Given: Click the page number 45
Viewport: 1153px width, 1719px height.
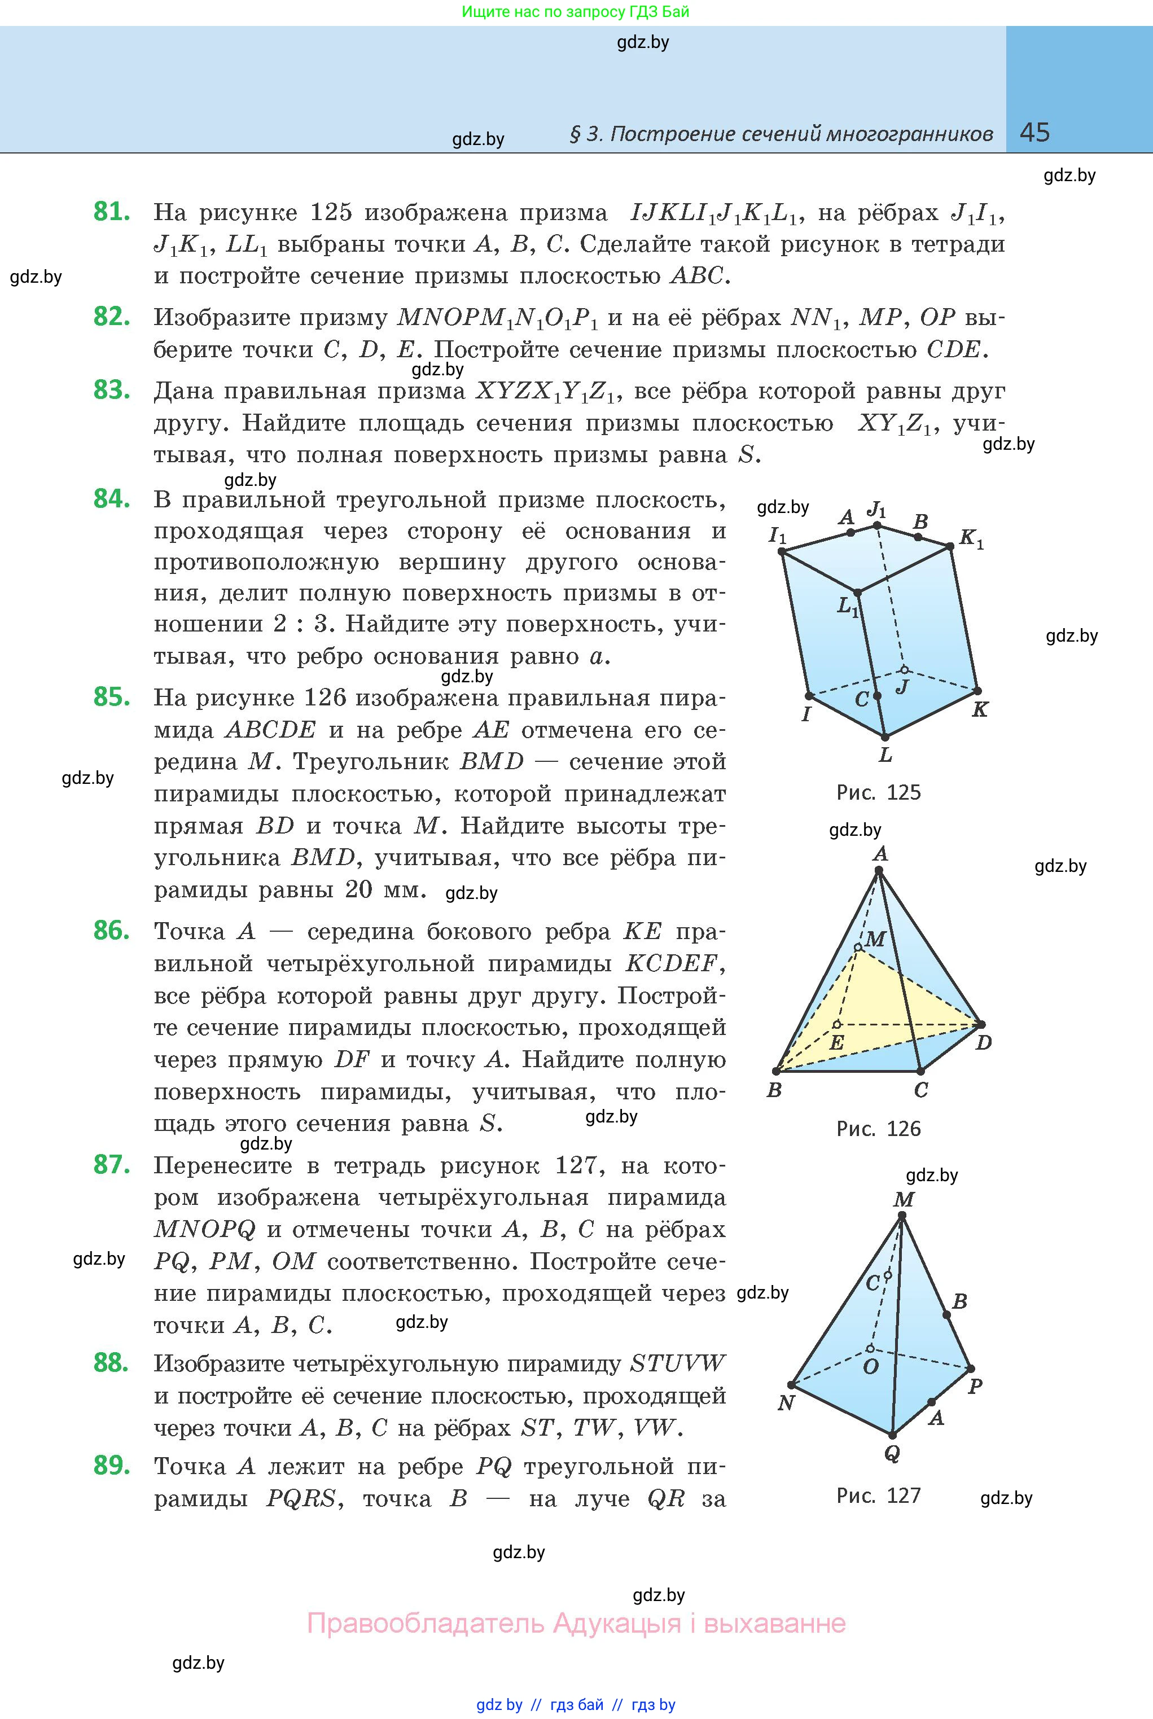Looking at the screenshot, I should click(x=1034, y=133).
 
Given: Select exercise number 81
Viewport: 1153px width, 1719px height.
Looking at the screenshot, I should click(x=112, y=212).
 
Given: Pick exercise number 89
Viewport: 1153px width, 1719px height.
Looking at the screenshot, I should click(x=112, y=1466).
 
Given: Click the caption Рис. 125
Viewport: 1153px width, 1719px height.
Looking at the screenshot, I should click(x=878, y=792).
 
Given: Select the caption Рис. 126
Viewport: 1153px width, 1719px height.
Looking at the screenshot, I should click(x=878, y=1129).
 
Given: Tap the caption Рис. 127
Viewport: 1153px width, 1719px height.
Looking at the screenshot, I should click(x=878, y=1496).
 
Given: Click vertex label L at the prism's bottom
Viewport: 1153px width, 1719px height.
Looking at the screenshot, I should click(x=885, y=755).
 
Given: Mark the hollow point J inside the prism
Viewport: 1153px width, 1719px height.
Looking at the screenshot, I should click(x=905, y=670).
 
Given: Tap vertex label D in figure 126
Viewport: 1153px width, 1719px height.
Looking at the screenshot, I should click(x=983, y=1042).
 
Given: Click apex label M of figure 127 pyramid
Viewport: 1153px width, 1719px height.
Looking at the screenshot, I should click(x=904, y=1200).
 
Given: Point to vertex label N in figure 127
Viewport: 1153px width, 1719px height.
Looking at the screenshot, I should click(x=786, y=1403).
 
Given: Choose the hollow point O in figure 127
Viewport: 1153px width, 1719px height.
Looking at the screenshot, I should click(x=870, y=1348).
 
